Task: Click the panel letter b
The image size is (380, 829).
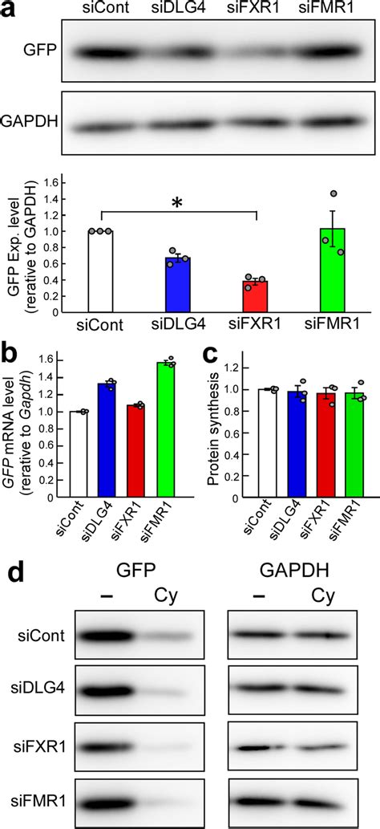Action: [x=12, y=363]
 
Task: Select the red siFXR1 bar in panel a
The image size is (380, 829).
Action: [x=255, y=297]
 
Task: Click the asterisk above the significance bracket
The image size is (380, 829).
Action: [x=178, y=204]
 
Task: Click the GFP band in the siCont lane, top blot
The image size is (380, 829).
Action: [x=103, y=54]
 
